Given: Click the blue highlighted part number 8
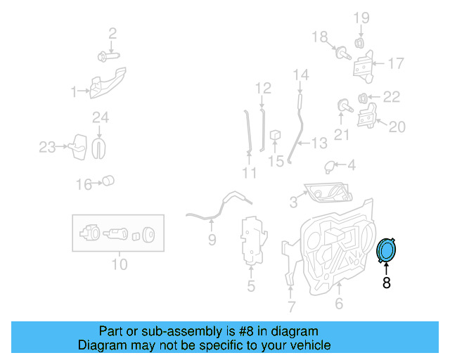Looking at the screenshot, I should tap(387, 251).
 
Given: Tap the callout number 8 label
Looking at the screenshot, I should tap(386, 283).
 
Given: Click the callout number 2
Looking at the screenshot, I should tap(112, 32).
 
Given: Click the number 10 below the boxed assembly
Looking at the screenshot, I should tap(119, 264).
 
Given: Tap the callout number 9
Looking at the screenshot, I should tap(212, 240).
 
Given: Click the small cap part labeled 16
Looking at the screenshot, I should tap(108, 181).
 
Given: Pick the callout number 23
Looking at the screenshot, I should tap(47, 147).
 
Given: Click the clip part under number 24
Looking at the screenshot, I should tap(100, 146).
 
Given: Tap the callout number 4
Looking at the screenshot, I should tap(351, 166).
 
